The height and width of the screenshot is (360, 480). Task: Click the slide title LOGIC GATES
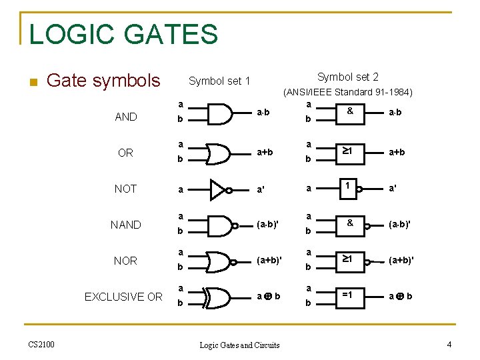click(x=123, y=34)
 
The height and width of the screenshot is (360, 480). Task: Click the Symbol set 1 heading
click(x=219, y=81)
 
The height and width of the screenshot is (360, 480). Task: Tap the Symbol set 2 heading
click(x=347, y=77)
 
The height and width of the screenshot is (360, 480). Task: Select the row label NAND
click(x=125, y=225)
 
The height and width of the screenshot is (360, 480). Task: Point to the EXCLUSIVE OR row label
click(x=123, y=297)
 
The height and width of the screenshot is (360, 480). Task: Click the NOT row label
click(x=125, y=189)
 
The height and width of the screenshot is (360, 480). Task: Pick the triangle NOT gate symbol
click(x=218, y=189)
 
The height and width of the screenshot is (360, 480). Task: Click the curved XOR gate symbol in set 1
click(x=219, y=297)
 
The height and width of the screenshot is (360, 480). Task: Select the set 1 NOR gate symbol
click(x=219, y=261)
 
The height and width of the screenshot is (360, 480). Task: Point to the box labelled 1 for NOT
click(x=349, y=189)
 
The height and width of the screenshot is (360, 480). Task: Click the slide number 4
click(x=449, y=345)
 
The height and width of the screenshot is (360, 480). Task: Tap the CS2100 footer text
click(x=41, y=344)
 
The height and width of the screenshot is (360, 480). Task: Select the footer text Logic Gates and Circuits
click(x=240, y=345)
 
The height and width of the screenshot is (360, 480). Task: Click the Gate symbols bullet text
click(x=104, y=81)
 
